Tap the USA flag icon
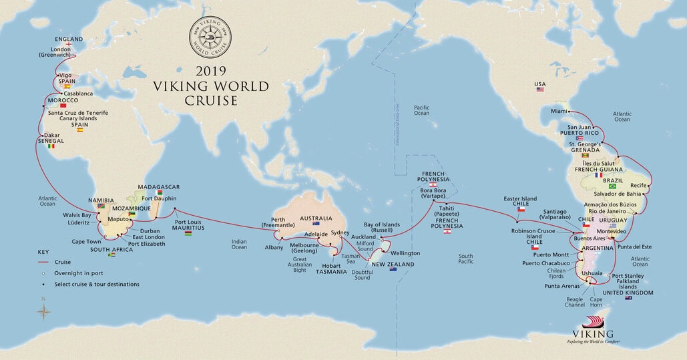540,89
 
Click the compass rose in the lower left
44,311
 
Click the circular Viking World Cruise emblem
211,34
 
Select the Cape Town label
85,241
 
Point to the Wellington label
405,253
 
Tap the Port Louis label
189,222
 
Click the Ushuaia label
592,273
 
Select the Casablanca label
78,94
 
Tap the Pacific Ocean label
421,110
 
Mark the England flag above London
69,45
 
